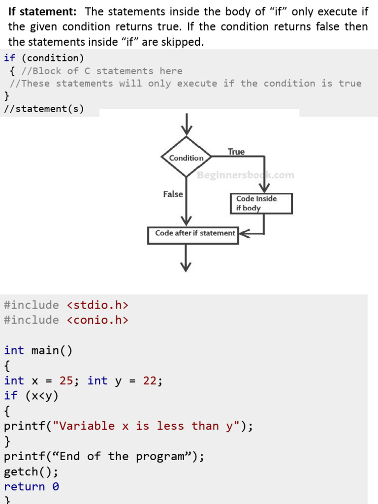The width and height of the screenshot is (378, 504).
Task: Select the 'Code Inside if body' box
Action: [x=261, y=203]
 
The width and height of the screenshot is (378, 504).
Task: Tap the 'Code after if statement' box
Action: [x=193, y=234]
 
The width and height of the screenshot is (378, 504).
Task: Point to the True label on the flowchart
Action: [x=236, y=152]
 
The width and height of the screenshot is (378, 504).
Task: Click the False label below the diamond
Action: [x=173, y=194]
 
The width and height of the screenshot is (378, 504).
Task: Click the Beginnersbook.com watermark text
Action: [x=246, y=175]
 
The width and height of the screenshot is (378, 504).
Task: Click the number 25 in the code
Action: [x=66, y=380]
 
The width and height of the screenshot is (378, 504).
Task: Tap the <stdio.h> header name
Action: [x=97, y=305]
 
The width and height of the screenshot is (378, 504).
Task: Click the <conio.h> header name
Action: [x=97, y=320]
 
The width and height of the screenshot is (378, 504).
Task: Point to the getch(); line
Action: [x=31, y=472]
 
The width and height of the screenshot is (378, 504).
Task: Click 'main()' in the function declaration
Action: [x=52, y=350]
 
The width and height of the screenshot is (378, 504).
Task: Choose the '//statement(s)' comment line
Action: [x=44, y=108]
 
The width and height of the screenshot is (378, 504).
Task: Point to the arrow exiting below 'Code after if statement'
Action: [x=186, y=258]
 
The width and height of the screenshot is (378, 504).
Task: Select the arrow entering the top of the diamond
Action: [x=187, y=124]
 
